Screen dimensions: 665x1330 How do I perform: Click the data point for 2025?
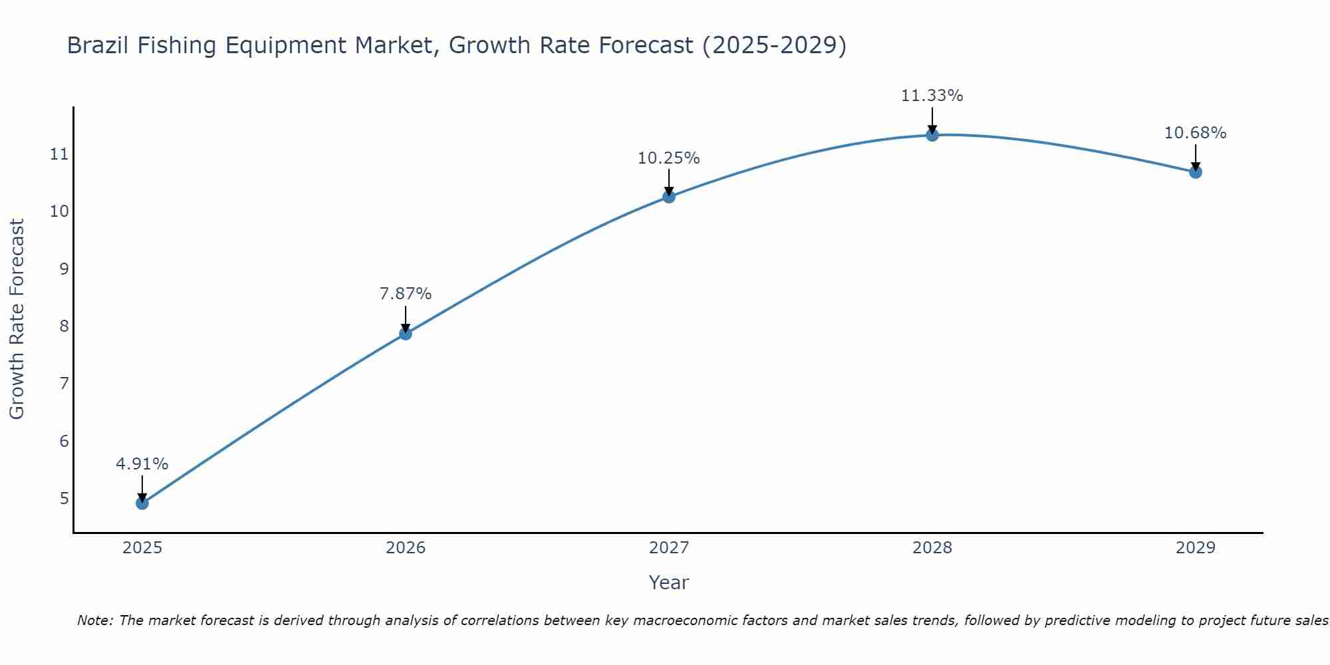point(142,503)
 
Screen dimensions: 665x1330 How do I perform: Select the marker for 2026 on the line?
point(406,334)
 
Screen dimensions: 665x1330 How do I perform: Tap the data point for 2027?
point(669,197)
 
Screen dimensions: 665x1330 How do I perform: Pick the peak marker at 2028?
point(932,135)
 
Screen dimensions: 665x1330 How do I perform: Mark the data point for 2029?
point(1196,172)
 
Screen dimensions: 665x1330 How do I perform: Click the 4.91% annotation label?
point(142,464)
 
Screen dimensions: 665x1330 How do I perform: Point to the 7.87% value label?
point(406,293)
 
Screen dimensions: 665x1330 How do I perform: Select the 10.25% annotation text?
point(669,158)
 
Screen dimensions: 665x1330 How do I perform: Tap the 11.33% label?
point(932,96)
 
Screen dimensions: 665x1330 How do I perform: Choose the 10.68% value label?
point(1196,133)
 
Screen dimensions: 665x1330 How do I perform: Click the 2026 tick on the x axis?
point(406,548)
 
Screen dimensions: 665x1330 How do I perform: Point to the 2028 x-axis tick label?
point(932,548)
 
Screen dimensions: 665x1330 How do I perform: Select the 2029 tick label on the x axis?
point(1196,548)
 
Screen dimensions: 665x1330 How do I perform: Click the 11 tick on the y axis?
point(59,154)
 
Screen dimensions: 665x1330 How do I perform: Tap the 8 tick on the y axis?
point(64,326)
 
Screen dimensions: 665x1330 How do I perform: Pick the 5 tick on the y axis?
point(64,498)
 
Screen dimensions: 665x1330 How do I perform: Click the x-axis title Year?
point(669,583)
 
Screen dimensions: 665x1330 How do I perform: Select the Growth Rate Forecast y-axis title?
point(17,319)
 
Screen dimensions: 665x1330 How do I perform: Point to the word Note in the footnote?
point(95,620)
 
